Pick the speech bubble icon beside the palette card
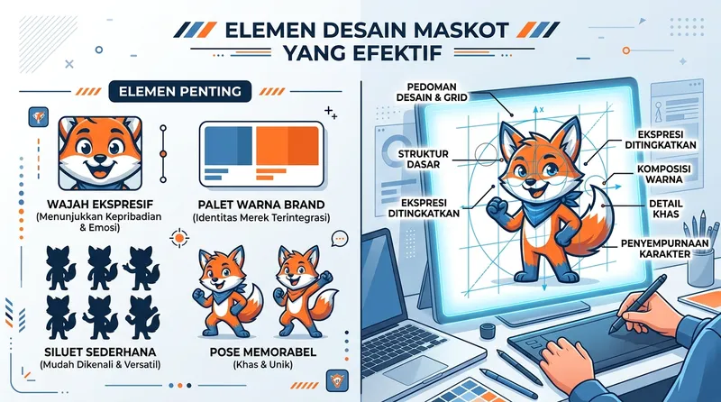tap(340, 239)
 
